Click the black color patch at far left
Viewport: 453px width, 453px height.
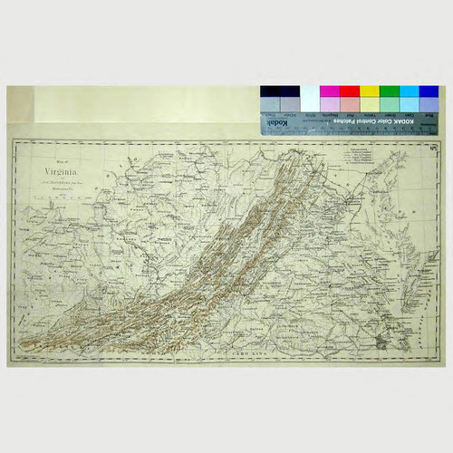tap(269, 92)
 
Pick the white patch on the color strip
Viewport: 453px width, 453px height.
tap(309, 92)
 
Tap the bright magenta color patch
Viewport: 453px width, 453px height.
tap(329, 92)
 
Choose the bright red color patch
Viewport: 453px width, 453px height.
tap(349, 92)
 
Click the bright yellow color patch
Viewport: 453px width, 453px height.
tap(369, 92)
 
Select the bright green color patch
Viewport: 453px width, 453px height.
tap(389, 92)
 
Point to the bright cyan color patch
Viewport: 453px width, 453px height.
tap(409, 92)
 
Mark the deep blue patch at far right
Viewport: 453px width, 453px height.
tap(429, 92)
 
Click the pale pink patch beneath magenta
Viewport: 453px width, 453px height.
tap(329, 104)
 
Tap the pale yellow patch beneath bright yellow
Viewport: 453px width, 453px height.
tap(369, 104)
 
